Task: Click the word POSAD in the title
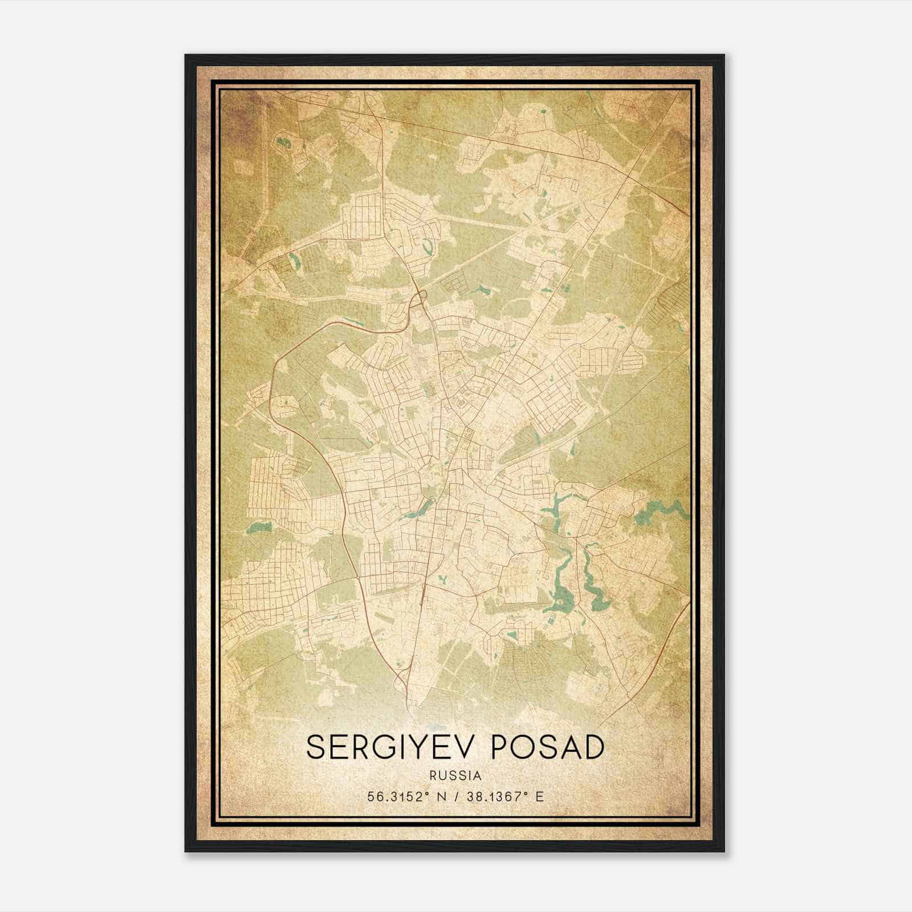point(547,747)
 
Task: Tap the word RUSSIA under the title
point(456,776)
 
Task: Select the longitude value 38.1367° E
point(504,797)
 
